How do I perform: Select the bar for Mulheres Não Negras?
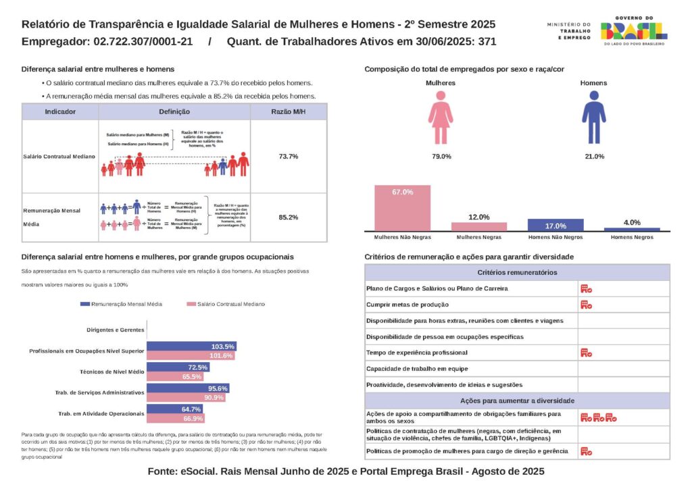(403, 208)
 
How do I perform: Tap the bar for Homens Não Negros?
(555, 225)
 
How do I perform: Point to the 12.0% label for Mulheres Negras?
(479, 217)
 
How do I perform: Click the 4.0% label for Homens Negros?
(631, 222)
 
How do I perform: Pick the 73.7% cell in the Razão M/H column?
(289, 156)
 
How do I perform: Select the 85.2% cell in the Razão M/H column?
(289, 217)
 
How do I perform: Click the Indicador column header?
(60, 111)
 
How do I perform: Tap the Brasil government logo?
(633, 30)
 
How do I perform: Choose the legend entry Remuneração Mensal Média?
(122, 305)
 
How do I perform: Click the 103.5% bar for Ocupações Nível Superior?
(191, 346)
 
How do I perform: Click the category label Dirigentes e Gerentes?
(116, 330)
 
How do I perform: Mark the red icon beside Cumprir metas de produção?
(586, 305)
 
